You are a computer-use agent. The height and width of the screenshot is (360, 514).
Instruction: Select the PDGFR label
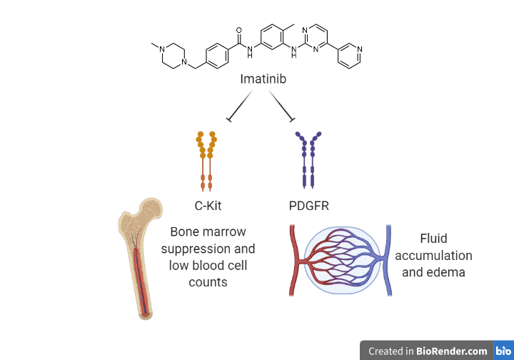(x=309, y=206)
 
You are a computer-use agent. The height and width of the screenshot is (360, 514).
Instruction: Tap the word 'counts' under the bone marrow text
(x=208, y=282)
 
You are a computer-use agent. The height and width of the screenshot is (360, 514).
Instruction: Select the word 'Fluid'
(x=434, y=239)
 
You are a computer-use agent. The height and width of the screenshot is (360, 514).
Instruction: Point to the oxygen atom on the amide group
(x=238, y=31)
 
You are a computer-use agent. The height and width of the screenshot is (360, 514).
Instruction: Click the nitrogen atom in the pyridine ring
(x=359, y=49)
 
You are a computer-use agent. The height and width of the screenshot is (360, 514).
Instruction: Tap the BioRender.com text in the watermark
(x=453, y=351)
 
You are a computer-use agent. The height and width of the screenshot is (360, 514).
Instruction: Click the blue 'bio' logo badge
(x=503, y=351)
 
